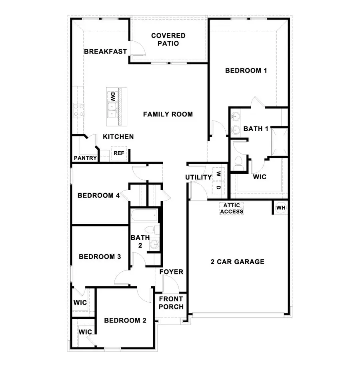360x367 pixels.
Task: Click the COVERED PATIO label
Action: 168,40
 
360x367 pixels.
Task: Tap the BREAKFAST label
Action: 105,52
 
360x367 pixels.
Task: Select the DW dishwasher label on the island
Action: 113,96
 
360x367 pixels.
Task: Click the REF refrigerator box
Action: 119,153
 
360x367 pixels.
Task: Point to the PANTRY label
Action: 85,158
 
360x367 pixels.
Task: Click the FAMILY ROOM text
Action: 168,114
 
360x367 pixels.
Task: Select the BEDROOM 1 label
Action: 246,71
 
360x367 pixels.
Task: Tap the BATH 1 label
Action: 256,129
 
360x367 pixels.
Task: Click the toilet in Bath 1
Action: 238,162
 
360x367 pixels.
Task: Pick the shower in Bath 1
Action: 279,141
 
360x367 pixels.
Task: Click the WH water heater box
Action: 281,208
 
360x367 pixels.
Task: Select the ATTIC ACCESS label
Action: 232,209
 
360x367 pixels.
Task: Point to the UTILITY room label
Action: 198,177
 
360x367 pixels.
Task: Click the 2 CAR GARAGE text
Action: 238,262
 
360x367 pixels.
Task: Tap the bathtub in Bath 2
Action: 144,216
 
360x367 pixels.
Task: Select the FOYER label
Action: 171,272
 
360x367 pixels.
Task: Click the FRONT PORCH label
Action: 171,303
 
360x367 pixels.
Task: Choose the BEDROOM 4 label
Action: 98,196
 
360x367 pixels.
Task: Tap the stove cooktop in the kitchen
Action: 78,110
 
